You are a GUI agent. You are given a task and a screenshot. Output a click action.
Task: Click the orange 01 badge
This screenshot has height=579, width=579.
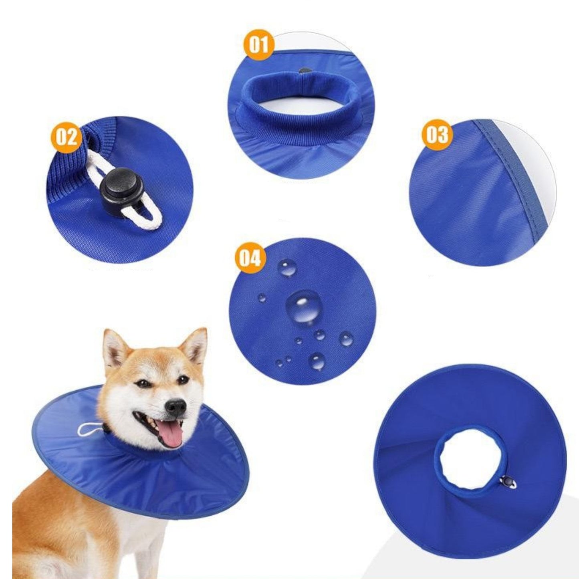[x=259, y=45]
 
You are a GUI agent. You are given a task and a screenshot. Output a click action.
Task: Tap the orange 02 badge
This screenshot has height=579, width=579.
[x=66, y=137]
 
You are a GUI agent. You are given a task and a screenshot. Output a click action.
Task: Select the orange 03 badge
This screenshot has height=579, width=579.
[x=437, y=135]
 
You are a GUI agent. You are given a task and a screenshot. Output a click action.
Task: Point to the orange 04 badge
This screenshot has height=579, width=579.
[x=250, y=258]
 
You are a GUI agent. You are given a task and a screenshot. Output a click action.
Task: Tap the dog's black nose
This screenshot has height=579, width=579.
[x=176, y=407]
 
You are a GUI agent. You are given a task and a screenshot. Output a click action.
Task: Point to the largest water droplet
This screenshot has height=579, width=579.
[x=304, y=307]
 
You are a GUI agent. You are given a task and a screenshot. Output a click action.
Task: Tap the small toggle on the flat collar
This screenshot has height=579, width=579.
[x=508, y=482]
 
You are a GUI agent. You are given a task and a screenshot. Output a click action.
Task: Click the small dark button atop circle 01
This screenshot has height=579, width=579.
[x=305, y=71]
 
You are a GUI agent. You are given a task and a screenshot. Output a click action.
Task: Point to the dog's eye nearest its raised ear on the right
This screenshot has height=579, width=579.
[x=183, y=379]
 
